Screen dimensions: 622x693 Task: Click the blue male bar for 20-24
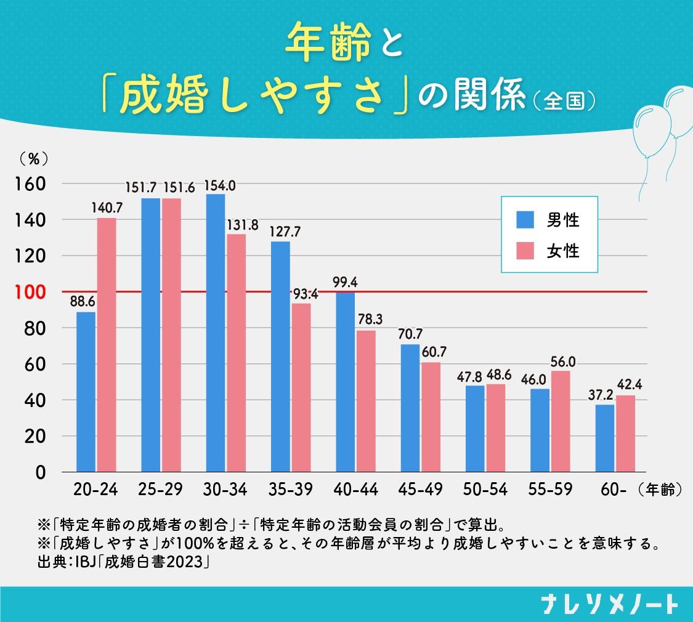(x=86, y=392)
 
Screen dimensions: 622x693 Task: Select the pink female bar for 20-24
(x=106, y=345)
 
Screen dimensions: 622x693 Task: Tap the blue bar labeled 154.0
(x=216, y=333)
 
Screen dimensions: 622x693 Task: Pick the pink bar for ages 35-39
(x=301, y=387)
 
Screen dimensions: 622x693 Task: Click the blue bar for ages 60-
(x=604, y=438)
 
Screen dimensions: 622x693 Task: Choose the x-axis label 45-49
(x=421, y=490)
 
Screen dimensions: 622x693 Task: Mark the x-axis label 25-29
(x=161, y=490)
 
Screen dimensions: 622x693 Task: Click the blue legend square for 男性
(x=525, y=219)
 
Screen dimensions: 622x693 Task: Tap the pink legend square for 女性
(x=525, y=251)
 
